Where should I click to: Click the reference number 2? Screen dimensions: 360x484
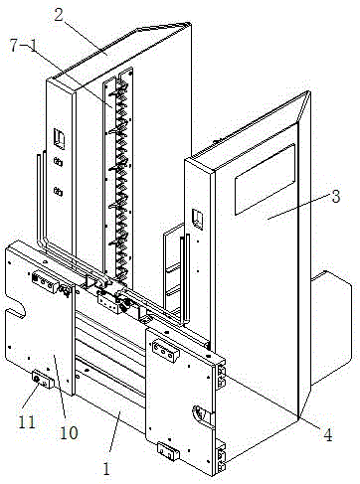[x=59, y=15]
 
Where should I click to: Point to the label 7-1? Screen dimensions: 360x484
[x=24, y=46]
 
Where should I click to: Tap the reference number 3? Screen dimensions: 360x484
[x=336, y=197]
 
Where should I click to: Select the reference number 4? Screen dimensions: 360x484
[x=327, y=435]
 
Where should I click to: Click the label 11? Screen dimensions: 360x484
[x=27, y=422]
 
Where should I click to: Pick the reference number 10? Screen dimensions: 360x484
[x=69, y=432]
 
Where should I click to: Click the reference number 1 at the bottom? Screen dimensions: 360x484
[x=106, y=468]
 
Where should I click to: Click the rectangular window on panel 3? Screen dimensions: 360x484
[x=265, y=179]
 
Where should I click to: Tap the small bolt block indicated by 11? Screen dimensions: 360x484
[x=42, y=380]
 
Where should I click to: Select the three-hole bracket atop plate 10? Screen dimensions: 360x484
[x=43, y=282]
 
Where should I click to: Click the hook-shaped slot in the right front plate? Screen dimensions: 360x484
[x=201, y=413]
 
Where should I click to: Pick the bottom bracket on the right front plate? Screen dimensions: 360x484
[x=168, y=451]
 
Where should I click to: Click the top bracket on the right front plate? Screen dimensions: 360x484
[x=165, y=352]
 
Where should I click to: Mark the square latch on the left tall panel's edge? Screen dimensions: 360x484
[x=60, y=139]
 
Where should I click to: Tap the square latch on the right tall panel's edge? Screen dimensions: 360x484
[x=198, y=219]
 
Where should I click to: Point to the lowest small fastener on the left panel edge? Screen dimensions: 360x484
[x=59, y=191]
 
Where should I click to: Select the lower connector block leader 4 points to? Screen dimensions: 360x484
[x=222, y=457]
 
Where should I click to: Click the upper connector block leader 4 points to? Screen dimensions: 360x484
[x=221, y=376]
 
